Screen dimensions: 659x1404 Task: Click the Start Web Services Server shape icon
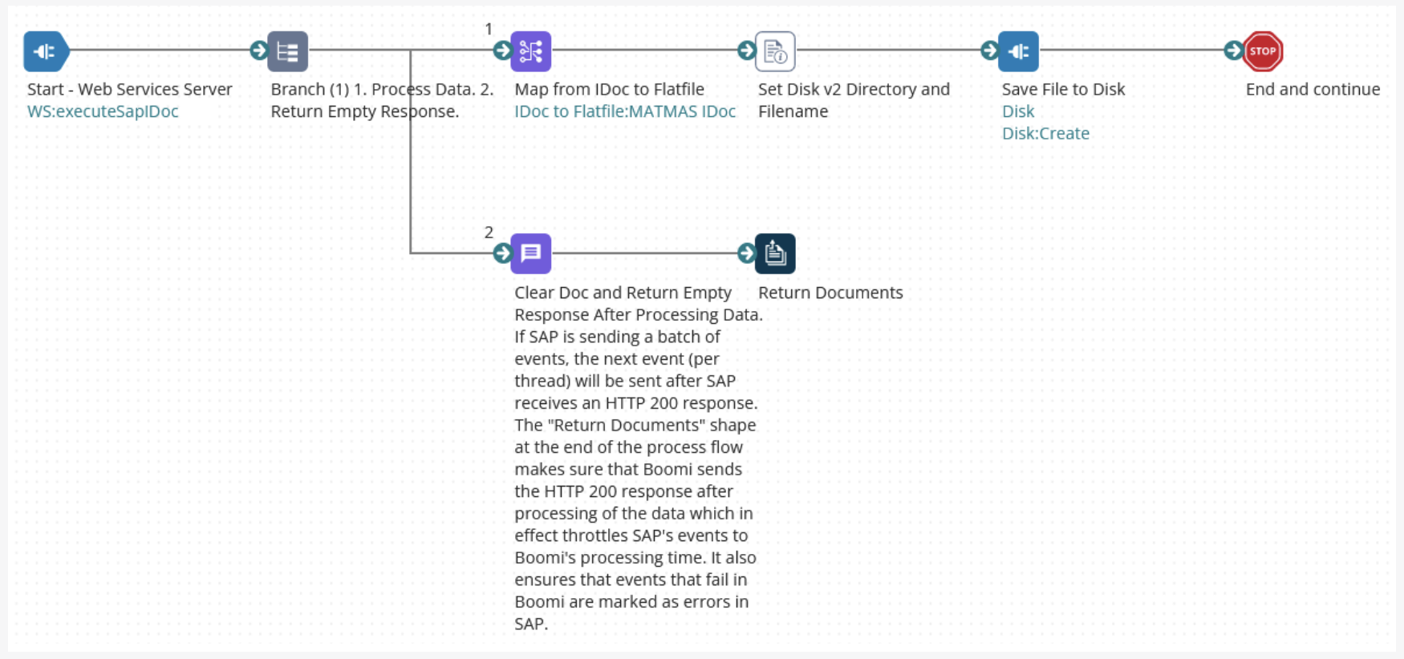coord(46,51)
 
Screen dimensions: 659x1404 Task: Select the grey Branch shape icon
coord(287,51)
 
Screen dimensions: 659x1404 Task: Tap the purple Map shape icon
coord(530,51)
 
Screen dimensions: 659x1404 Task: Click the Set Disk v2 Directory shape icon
coord(775,51)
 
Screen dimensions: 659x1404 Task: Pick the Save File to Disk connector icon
coord(1018,51)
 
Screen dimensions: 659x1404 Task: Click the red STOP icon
coord(1262,51)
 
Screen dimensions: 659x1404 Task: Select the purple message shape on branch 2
coord(530,253)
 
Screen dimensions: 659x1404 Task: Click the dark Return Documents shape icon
coord(775,253)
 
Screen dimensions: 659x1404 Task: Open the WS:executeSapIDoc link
coord(103,111)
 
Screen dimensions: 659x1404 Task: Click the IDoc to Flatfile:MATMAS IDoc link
coord(625,111)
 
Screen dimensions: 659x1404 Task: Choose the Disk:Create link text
coord(1045,133)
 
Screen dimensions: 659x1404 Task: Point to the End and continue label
coord(1313,89)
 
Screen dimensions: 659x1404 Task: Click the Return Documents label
coord(830,293)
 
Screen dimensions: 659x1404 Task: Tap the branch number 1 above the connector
coord(489,30)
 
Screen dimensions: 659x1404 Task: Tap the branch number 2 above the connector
coord(489,232)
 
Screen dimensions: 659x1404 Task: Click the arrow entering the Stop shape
coord(1233,51)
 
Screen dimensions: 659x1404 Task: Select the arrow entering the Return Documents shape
coord(746,253)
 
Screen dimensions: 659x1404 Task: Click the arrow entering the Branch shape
coord(258,51)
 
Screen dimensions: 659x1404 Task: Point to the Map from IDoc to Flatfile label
coord(609,89)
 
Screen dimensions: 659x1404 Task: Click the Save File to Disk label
coord(1063,89)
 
